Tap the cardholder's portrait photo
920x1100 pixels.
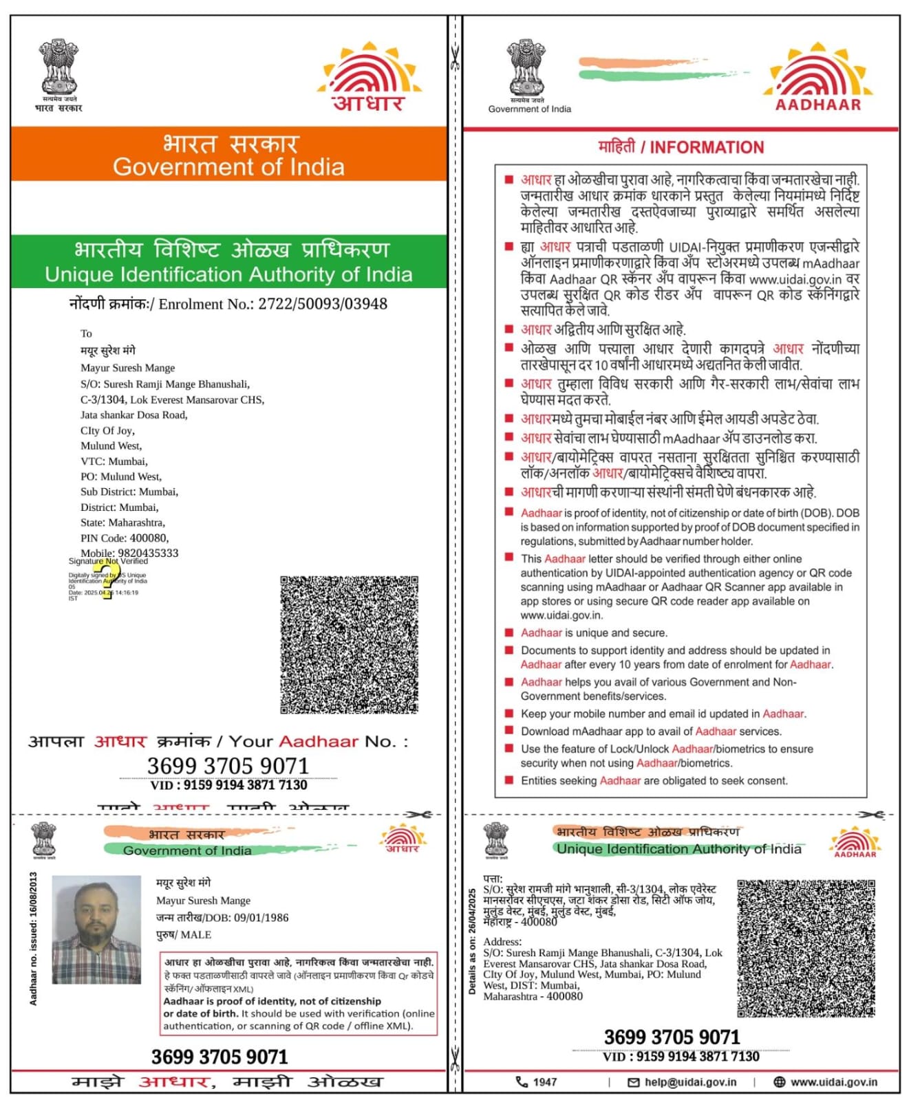[x=96, y=929]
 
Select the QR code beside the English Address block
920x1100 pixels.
[x=806, y=948]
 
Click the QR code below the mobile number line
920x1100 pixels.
[x=349, y=644]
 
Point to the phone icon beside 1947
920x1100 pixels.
[x=522, y=1082]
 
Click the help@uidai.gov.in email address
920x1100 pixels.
[x=690, y=1082]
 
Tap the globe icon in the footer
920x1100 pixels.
[x=780, y=1082]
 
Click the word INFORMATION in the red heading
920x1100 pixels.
[x=707, y=148]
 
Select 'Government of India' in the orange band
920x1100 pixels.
[x=228, y=167]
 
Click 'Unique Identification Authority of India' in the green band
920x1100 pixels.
[x=228, y=274]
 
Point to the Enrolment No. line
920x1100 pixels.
[x=228, y=304]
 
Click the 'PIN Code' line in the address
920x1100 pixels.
[x=125, y=538]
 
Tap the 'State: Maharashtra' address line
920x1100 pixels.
[x=122, y=522]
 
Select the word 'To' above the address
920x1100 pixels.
[x=86, y=333]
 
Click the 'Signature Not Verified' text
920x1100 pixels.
[x=108, y=561]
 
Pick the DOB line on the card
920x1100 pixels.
[x=222, y=918]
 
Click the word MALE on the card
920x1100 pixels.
[x=195, y=935]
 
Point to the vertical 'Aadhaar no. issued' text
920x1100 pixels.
[x=33, y=939]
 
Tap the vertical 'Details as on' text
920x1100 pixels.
[x=472, y=941]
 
